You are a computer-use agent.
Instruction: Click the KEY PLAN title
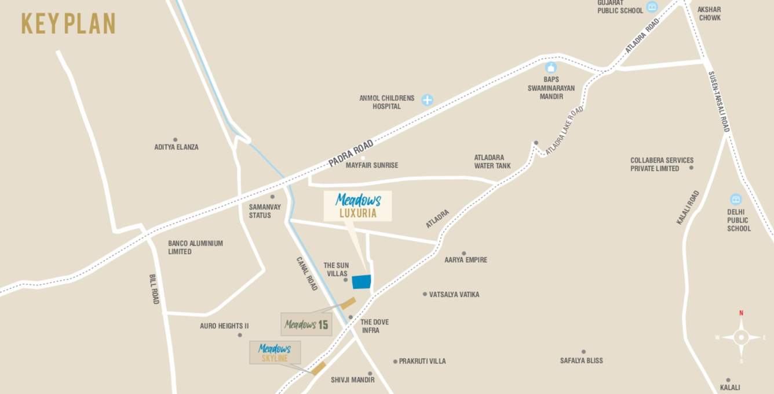[68, 24]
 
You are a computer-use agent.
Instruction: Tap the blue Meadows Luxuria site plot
[362, 281]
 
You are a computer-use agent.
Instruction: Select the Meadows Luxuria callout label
[357, 206]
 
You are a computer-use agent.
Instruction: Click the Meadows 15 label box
[306, 324]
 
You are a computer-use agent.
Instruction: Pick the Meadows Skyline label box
[275, 353]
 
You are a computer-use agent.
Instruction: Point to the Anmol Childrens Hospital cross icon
[427, 100]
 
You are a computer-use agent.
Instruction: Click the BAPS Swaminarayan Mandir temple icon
[550, 68]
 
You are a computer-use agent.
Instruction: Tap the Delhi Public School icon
[736, 199]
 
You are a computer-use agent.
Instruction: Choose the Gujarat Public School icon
[652, 7]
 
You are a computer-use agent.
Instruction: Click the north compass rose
[741, 337]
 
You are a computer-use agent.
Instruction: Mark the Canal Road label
[307, 274]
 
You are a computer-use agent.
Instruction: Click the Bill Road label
[154, 289]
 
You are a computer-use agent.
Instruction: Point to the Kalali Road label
[688, 207]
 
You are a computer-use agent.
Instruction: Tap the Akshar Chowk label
[709, 14]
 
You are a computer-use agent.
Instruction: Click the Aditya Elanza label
[176, 147]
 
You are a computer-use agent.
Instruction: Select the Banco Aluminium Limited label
[195, 247]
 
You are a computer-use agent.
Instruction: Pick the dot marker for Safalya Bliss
[583, 352]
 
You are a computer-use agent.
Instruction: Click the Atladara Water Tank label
[492, 161]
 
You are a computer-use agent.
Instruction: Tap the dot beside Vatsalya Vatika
[425, 294]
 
